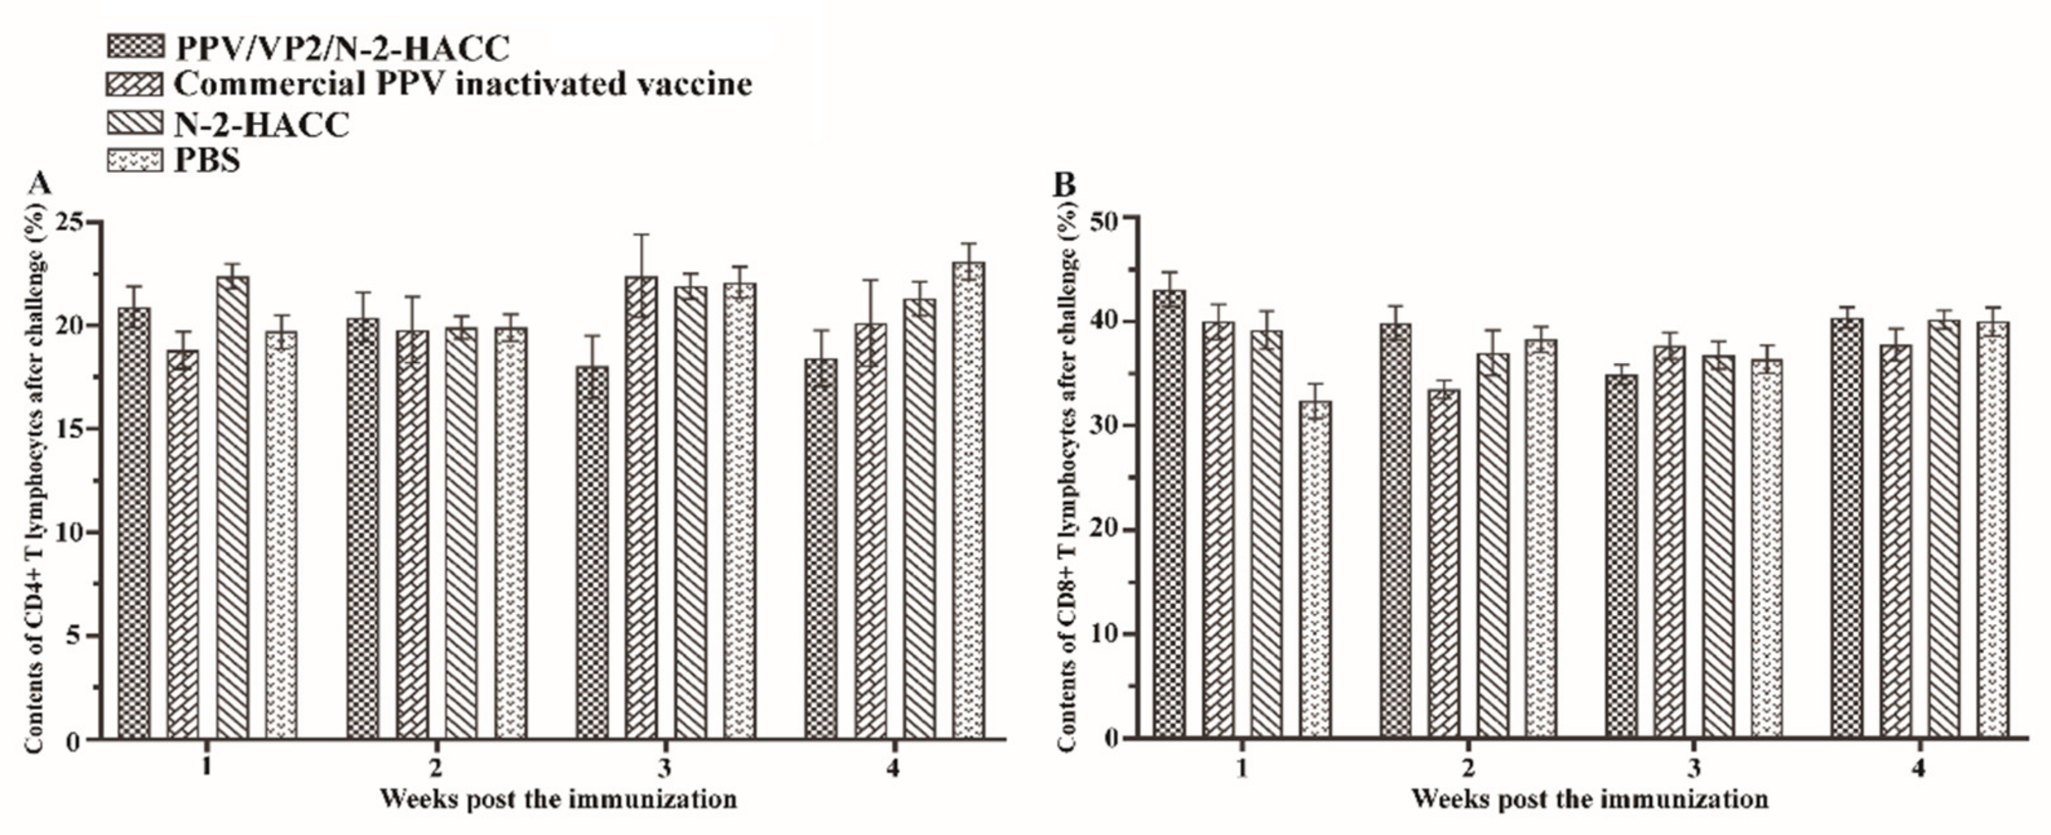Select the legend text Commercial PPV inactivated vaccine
tap(462, 84)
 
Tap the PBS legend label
tap(207, 161)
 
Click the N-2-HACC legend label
tap(261, 124)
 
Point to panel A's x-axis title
tap(558, 798)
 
